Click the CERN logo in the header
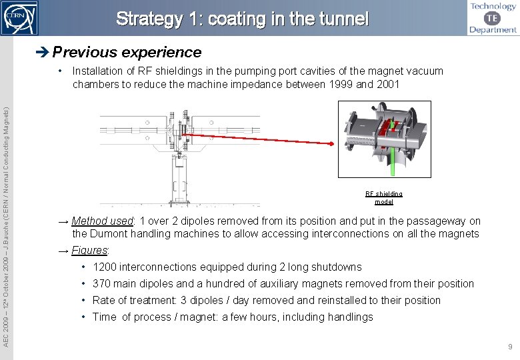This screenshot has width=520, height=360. point(19,17)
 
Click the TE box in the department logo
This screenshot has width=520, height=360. point(494,17)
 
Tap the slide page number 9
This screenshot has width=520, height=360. point(509,347)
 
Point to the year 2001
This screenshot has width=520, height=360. point(387,84)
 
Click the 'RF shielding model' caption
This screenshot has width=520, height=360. point(384,198)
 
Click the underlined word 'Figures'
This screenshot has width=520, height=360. point(90,251)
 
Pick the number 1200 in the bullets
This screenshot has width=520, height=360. point(105,267)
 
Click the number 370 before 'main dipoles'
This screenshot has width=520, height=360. point(102,284)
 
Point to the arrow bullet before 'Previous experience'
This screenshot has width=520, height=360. point(43,52)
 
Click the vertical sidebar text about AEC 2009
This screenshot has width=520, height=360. point(7,220)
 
